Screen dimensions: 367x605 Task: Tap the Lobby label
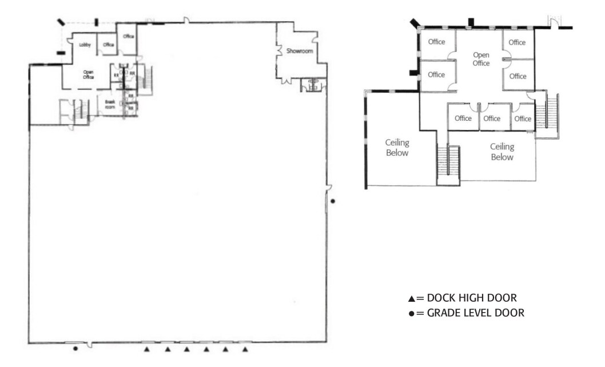(x=85, y=45)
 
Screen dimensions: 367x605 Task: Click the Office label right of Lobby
(x=109, y=45)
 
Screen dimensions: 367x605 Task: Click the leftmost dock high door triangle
(x=148, y=349)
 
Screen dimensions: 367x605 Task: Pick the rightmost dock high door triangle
(x=245, y=349)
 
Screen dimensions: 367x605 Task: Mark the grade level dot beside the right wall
(x=334, y=201)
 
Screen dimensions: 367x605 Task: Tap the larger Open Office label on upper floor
(x=481, y=59)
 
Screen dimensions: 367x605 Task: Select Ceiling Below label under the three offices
(x=501, y=152)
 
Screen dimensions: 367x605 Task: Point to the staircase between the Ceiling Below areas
(x=448, y=165)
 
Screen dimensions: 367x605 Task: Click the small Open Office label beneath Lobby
(x=88, y=74)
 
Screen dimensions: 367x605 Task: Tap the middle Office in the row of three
(x=492, y=119)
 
